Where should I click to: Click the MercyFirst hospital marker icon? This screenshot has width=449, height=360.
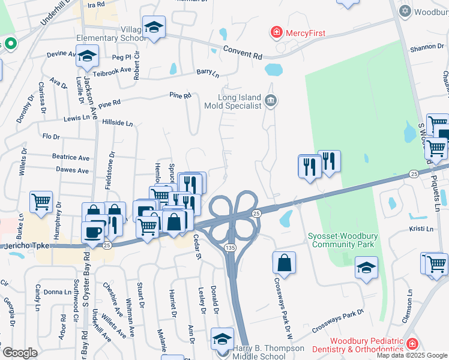(x=277, y=32)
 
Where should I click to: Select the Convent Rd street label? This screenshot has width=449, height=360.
(x=242, y=53)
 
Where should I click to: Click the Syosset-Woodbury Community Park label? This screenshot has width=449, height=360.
(x=340, y=239)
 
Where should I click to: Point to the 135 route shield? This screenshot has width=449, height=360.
(x=231, y=247)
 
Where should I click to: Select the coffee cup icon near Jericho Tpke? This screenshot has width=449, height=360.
(x=92, y=232)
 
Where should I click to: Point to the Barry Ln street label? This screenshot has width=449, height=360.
(x=208, y=73)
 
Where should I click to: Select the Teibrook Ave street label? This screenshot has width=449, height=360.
(x=116, y=70)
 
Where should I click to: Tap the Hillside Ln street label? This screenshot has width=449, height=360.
(x=118, y=122)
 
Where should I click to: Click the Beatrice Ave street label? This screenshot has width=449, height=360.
(x=71, y=158)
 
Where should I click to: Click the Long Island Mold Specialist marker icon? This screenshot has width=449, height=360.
(x=271, y=100)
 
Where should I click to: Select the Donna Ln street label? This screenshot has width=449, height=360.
(x=58, y=292)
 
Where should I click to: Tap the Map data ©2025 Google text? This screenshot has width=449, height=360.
(x=412, y=355)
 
